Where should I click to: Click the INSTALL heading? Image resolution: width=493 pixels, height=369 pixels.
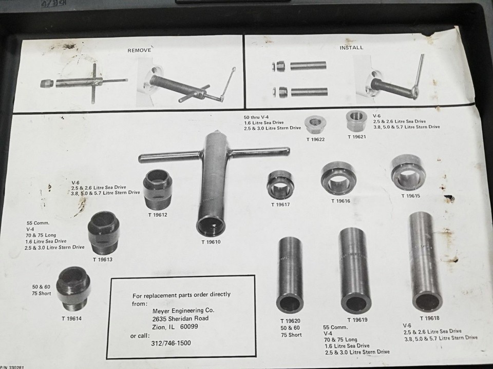pos(351,48)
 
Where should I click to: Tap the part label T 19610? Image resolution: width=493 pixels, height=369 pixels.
pos(210,242)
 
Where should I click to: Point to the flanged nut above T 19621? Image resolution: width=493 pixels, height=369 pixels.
pos(355,121)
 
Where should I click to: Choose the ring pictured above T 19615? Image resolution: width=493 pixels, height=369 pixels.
pos(409,173)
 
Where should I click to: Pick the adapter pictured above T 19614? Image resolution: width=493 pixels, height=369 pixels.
pos(73,289)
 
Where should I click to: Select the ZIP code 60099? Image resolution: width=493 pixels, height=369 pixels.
pos(188,326)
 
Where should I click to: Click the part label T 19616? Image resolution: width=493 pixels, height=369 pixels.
pos(340,201)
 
